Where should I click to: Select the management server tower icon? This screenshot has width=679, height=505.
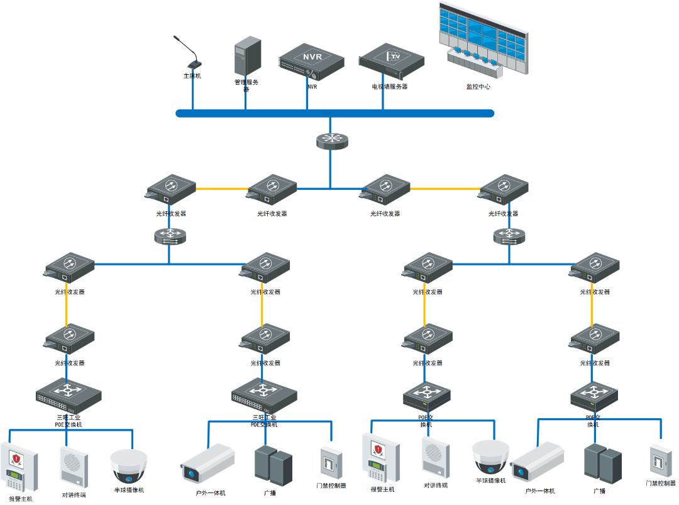248,56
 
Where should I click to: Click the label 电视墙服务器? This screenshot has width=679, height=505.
390,87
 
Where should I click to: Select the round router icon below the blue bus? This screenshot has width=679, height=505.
331,141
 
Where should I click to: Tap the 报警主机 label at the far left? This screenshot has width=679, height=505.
21,499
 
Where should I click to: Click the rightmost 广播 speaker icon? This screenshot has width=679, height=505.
602,464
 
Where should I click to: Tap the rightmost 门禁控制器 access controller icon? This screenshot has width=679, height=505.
660,462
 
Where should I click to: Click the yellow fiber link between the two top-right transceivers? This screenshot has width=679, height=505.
444,189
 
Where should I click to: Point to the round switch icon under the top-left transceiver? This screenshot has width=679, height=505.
169,236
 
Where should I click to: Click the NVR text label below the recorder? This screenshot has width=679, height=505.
312,87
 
